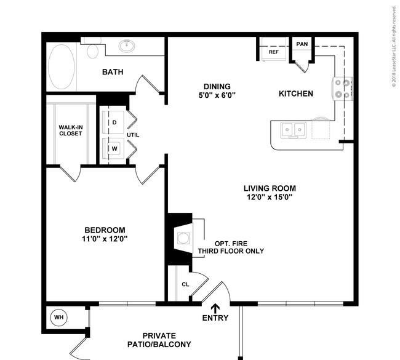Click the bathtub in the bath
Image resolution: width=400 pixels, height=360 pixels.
pyautogui.click(x=62, y=66)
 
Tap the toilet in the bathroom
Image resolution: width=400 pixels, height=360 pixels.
pyautogui.click(x=92, y=50)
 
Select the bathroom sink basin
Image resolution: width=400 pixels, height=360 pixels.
pyautogui.click(x=127, y=46)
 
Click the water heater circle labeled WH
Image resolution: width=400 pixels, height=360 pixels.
pyautogui.click(x=59, y=318)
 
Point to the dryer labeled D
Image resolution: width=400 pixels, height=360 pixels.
pyautogui.click(x=113, y=122)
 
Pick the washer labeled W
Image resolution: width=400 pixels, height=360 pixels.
pyautogui.click(x=113, y=149)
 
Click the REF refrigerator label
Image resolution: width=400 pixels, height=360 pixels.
pyautogui.click(x=274, y=52)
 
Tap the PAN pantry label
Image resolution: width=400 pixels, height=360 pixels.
pyautogui.click(x=302, y=44)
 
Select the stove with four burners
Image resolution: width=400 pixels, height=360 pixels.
pyautogui.click(x=342, y=89)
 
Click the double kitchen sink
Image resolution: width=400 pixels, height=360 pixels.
pyautogui.click(x=294, y=130)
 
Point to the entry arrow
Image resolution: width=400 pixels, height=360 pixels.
pyautogui.click(x=215, y=308)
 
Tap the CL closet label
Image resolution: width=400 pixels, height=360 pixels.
pyautogui.click(x=185, y=284)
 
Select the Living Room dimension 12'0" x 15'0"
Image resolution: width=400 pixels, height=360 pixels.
pyautogui.click(x=270, y=197)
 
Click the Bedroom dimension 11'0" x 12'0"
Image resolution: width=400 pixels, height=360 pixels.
pyautogui.click(x=105, y=239)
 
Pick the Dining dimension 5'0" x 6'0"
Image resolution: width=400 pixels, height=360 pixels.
pyautogui.click(x=217, y=95)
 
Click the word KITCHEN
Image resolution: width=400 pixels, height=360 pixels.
pyautogui.click(x=296, y=94)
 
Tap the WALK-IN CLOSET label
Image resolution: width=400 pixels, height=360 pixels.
pyautogui.click(x=71, y=130)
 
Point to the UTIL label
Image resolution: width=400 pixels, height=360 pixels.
pyautogui.click(x=133, y=135)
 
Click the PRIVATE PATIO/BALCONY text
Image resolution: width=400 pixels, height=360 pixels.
pyautogui.click(x=159, y=340)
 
